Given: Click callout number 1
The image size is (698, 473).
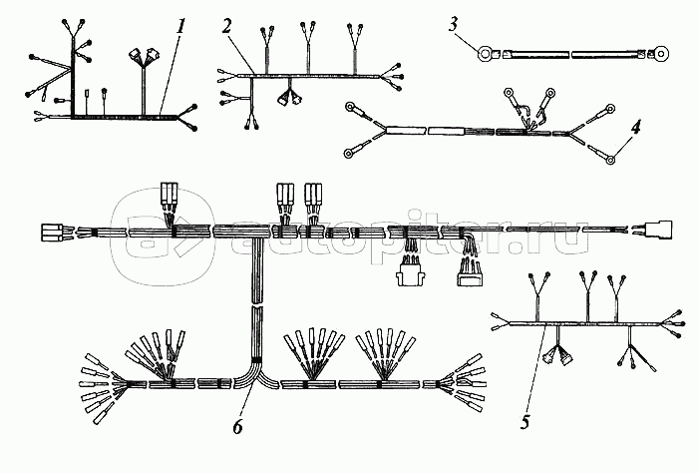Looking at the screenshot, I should click(180, 27).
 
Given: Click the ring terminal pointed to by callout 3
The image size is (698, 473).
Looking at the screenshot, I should click(486, 54).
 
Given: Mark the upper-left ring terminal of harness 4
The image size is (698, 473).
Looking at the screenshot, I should click(351, 106).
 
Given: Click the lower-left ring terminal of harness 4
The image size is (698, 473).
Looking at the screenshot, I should click(351, 153).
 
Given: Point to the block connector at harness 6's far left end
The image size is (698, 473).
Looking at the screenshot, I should click(51, 234).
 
